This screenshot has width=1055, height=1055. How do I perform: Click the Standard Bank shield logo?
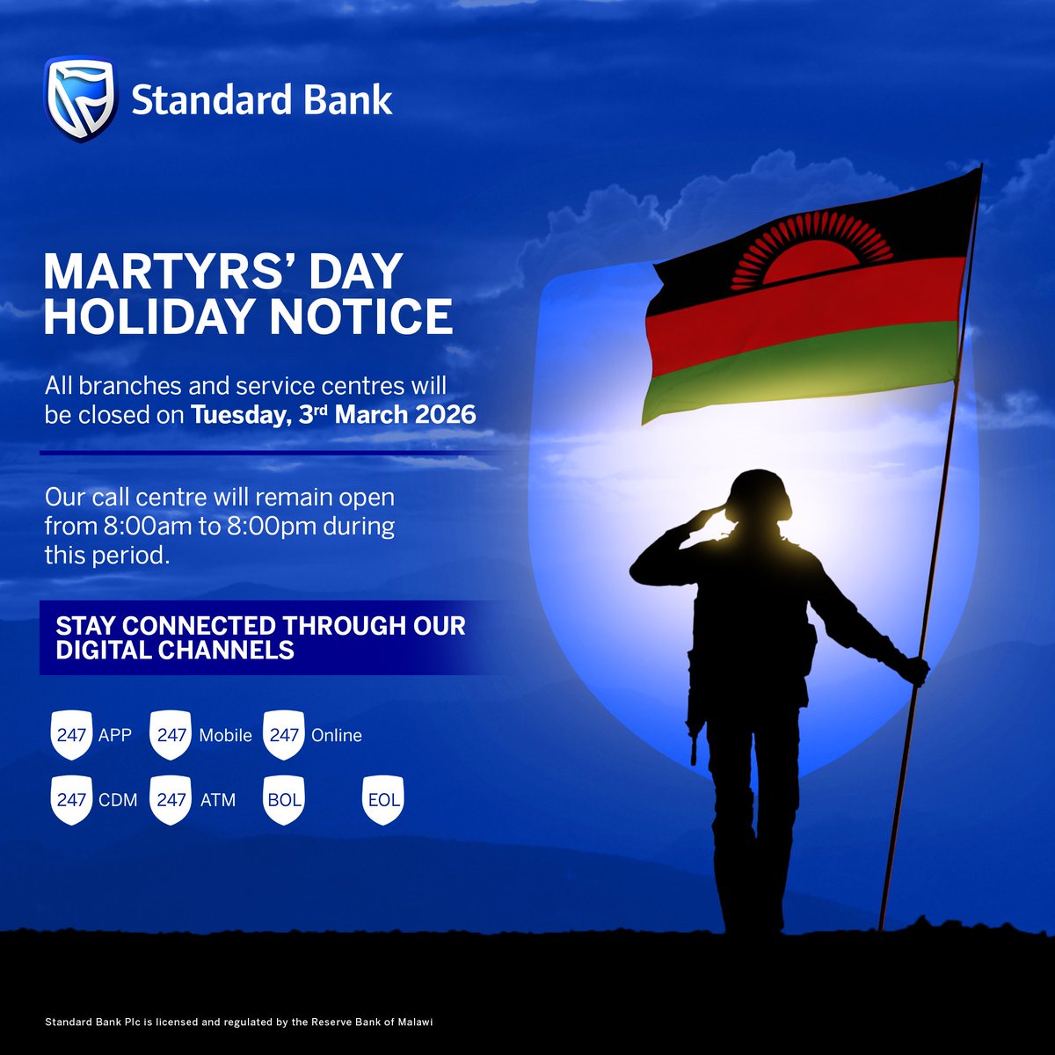[x=79, y=100]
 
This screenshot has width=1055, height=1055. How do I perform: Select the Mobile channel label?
[x=225, y=735]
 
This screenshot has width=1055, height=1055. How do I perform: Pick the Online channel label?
[x=337, y=735]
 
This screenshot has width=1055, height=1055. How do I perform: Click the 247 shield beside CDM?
[x=71, y=800]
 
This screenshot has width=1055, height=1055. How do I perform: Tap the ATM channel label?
[x=217, y=800]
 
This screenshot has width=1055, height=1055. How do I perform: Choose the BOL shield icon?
[x=284, y=800]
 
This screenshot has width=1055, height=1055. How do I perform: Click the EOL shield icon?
[x=382, y=800]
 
